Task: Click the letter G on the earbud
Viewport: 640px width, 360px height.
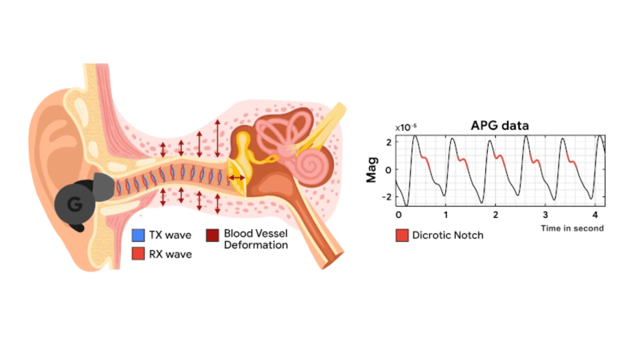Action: coord(75,204)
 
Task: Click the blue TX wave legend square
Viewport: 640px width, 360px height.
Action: coord(138,235)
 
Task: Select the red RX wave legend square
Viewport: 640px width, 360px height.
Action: coord(138,254)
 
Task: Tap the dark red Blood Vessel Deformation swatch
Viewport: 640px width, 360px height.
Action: coord(213,235)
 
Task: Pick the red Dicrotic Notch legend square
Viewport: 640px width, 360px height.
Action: coord(402,235)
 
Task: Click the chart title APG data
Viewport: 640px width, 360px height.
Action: coord(500,125)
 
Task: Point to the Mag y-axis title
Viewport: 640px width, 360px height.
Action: coord(372,170)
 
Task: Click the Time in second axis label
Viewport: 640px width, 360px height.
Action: coord(572,228)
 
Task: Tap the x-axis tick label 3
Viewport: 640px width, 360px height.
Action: coord(546,215)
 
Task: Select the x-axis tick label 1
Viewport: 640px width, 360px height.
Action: coord(446,215)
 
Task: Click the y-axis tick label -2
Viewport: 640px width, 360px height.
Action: coord(387,197)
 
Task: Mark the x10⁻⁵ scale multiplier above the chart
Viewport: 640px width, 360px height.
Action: coord(406,127)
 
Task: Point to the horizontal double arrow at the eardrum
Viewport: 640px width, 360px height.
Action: coord(237,178)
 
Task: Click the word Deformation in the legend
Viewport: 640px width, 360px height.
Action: coord(256,245)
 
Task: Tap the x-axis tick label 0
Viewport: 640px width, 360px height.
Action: coord(399,215)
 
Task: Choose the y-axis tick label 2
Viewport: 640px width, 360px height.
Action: coord(389,142)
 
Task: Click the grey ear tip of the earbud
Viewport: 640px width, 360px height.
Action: coord(104,187)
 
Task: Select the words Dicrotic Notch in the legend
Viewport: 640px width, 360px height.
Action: coord(448,235)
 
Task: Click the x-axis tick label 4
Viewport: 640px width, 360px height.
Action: coord(595,215)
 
